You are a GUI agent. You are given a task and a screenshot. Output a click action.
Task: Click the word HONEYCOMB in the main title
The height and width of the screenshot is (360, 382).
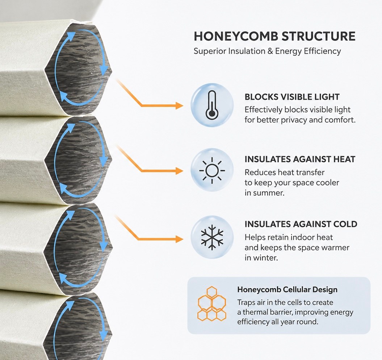(x=236, y=36)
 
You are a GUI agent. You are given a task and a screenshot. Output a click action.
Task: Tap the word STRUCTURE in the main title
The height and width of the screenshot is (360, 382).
(x=318, y=36)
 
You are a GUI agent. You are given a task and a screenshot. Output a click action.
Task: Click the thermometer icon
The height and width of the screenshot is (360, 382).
(x=212, y=105)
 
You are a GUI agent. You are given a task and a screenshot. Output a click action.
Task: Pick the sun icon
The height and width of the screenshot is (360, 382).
(x=212, y=170)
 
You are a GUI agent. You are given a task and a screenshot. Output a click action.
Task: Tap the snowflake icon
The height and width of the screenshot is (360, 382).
(x=212, y=237)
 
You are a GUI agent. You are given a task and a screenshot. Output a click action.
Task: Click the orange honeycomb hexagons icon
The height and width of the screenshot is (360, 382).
(x=212, y=304)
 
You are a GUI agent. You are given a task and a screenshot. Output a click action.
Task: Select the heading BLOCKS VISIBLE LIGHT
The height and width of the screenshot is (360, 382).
(x=292, y=97)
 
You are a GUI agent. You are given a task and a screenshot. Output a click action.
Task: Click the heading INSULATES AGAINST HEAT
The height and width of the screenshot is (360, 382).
(x=300, y=159)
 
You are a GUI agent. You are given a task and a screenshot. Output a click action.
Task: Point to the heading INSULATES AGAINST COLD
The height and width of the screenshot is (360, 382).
(x=301, y=224)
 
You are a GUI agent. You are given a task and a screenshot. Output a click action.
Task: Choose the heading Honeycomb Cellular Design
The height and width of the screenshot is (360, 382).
(x=287, y=290)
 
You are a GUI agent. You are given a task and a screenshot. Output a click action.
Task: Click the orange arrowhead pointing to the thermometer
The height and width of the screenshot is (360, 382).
(x=179, y=105)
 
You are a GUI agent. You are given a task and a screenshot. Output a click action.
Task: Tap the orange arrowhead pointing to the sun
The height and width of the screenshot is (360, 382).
(x=179, y=171)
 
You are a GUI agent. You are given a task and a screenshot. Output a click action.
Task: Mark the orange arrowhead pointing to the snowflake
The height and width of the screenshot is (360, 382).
(x=179, y=239)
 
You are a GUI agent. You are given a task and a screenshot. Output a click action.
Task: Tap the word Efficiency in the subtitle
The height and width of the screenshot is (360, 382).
(x=322, y=51)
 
